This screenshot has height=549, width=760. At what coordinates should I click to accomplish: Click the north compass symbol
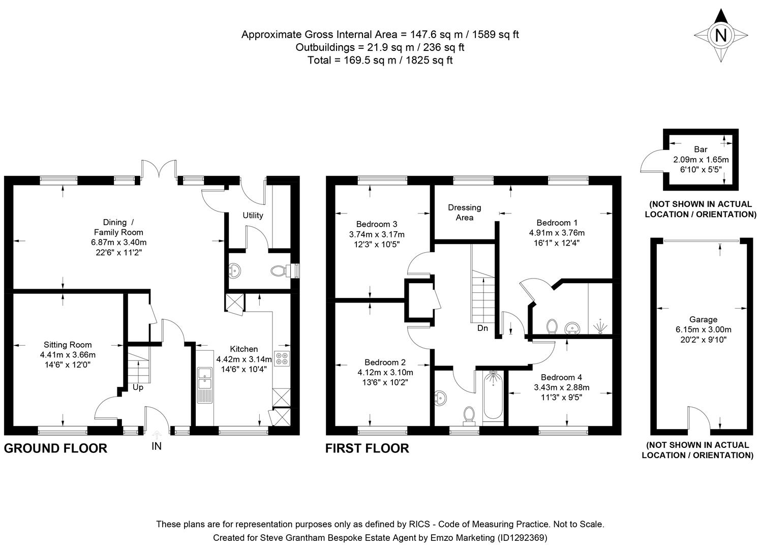pyautogui.click(x=720, y=36)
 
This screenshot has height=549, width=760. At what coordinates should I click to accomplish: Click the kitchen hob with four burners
pyautogui.click(x=282, y=358)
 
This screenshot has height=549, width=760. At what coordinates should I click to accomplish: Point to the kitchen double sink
pyautogui.click(x=206, y=384)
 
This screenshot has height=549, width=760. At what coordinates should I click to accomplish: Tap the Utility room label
pyautogui.click(x=253, y=215)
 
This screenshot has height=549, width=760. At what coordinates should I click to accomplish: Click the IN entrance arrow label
pyautogui.click(x=157, y=446)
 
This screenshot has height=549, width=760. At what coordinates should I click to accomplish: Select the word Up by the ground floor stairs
pyautogui.click(x=138, y=387)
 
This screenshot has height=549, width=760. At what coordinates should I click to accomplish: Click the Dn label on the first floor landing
pyautogui.click(x=482, y=328)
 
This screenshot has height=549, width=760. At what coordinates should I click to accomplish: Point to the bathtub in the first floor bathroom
pyautogui.click(x=492, y=396)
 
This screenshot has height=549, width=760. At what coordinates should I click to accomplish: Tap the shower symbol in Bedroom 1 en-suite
pyautogui.click(x=600, y=326)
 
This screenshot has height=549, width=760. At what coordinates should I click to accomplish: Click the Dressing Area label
pyautogui.click(x=464, y=212)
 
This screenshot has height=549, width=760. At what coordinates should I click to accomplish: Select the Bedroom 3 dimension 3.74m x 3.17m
pyautogui.click(x=377, y=234)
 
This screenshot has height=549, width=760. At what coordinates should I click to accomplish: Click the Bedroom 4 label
pyautogui.click(x=561, y=377)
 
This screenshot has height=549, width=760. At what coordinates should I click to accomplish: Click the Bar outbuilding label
pyautogui.click(x=701, y=149)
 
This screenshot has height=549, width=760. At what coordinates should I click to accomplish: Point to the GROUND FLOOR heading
pyautogui.click(x=55, y=448)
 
